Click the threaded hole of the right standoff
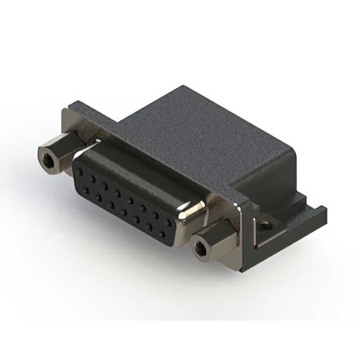(x=199, y=247)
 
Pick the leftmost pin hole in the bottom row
(x=86, y=190)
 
